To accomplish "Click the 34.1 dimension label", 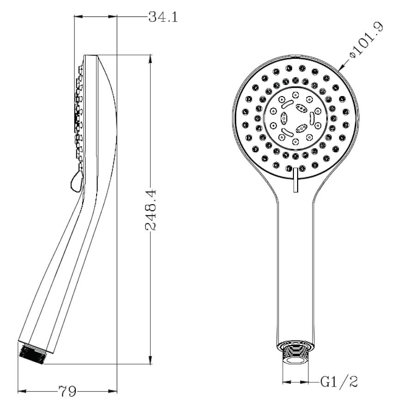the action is [x=163, y=18].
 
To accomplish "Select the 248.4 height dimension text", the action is [x=151, y=210].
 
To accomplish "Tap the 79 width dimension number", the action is [x=67, y=391].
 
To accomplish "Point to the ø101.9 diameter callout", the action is [x=367, y=41].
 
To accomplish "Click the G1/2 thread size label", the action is [x=339, y=382].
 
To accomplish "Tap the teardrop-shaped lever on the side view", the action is [x=77, y=181].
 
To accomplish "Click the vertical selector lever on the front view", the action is [x=295, y=180].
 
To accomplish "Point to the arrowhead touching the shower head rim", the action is [x=341, y=67].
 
